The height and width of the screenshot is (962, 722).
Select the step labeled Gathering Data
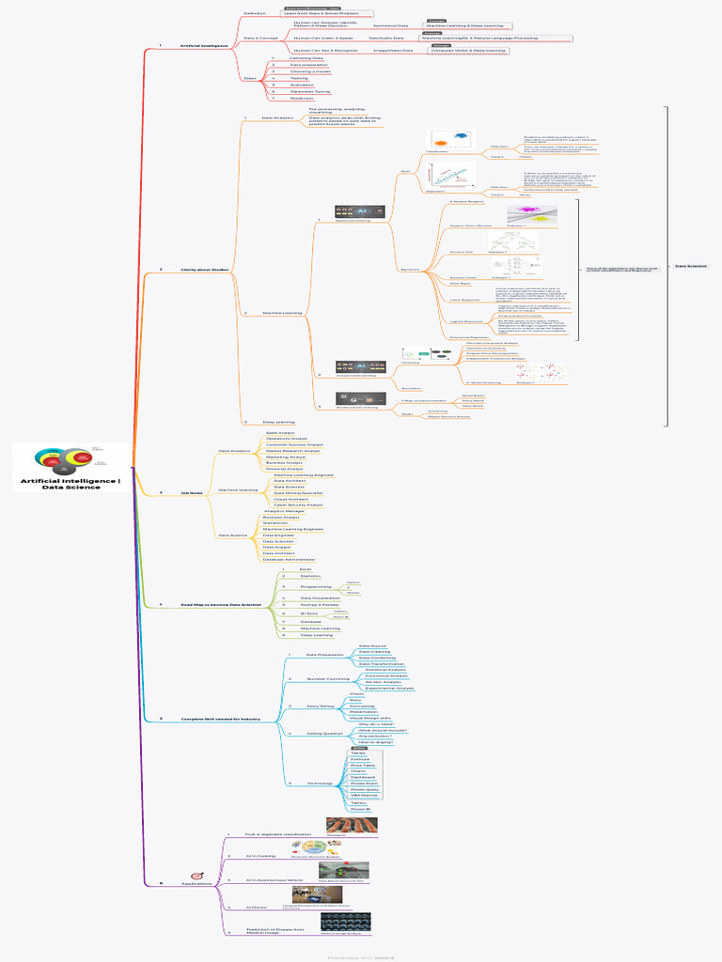click(303, 57)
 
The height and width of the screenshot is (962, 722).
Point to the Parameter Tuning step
click(309, 91)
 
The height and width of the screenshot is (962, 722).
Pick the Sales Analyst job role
click(280, 432)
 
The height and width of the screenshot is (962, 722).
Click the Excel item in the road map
click(305, 569)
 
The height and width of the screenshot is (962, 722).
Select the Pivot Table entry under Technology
click(363, 765)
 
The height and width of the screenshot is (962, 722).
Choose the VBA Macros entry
click(364, 796)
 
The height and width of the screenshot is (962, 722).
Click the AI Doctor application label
click(258, 907)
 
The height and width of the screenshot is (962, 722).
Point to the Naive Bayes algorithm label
click(460, 283)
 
